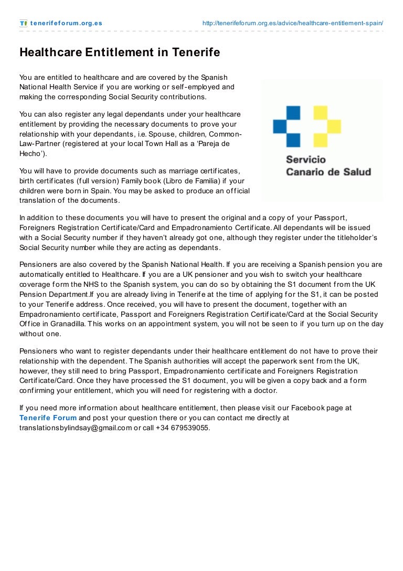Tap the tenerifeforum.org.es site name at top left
coord(66,23)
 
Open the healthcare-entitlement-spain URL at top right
coord(292,23)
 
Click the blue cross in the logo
coord(287,126)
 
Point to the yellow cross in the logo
coord(326,126)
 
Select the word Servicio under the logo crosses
coord(305,159)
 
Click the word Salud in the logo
coord(357,172)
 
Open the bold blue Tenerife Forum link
coord(48,418)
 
